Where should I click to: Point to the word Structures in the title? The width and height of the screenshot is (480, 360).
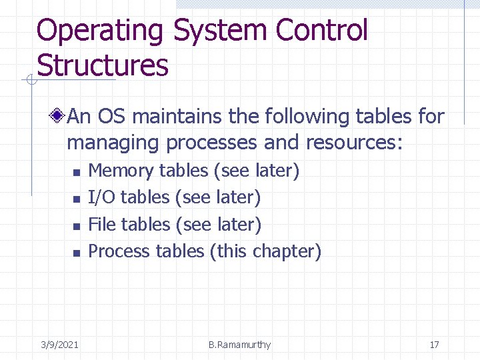tap(103, 65)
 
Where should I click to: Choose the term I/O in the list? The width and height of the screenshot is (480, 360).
tap(101, 197)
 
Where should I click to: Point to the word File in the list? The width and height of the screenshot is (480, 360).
tap(102, 225)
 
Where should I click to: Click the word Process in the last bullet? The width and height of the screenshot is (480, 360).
tap(119, 251)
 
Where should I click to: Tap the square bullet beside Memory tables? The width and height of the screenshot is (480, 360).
tap(76, 173)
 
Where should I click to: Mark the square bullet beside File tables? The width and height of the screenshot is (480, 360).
tap(76, 227)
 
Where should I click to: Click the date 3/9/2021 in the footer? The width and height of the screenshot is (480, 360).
tap(59, 345)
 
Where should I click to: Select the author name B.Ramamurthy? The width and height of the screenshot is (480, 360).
tap(239, 345)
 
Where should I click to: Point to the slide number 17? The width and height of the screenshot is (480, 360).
tap(434, 345)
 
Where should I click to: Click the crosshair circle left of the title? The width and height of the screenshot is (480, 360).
tap(30, 81)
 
